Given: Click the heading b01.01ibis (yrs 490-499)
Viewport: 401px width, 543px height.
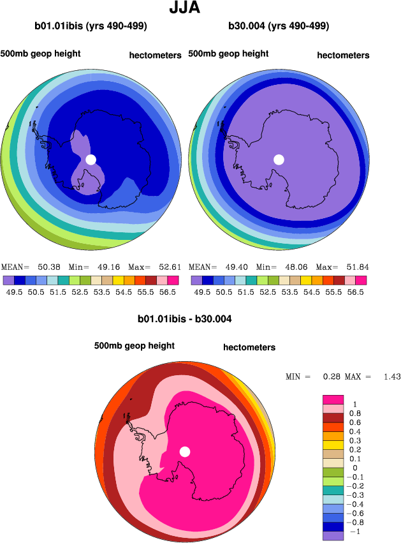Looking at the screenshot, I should point(91,26).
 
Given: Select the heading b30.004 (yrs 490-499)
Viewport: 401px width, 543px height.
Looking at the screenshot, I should point(279,26).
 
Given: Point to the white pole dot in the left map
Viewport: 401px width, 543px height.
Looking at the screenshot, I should point(91,159).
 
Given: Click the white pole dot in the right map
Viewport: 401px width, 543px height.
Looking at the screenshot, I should point(279,160).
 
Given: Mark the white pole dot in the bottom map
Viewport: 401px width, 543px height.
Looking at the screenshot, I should point(185,452).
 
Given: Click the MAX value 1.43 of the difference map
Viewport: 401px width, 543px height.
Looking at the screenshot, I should point(391,377).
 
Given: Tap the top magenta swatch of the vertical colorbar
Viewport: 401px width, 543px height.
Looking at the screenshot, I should point(333,399).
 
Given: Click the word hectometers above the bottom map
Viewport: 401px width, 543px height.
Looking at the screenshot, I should point(249,348).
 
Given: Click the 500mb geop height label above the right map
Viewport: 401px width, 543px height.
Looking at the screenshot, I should point(228,54).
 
